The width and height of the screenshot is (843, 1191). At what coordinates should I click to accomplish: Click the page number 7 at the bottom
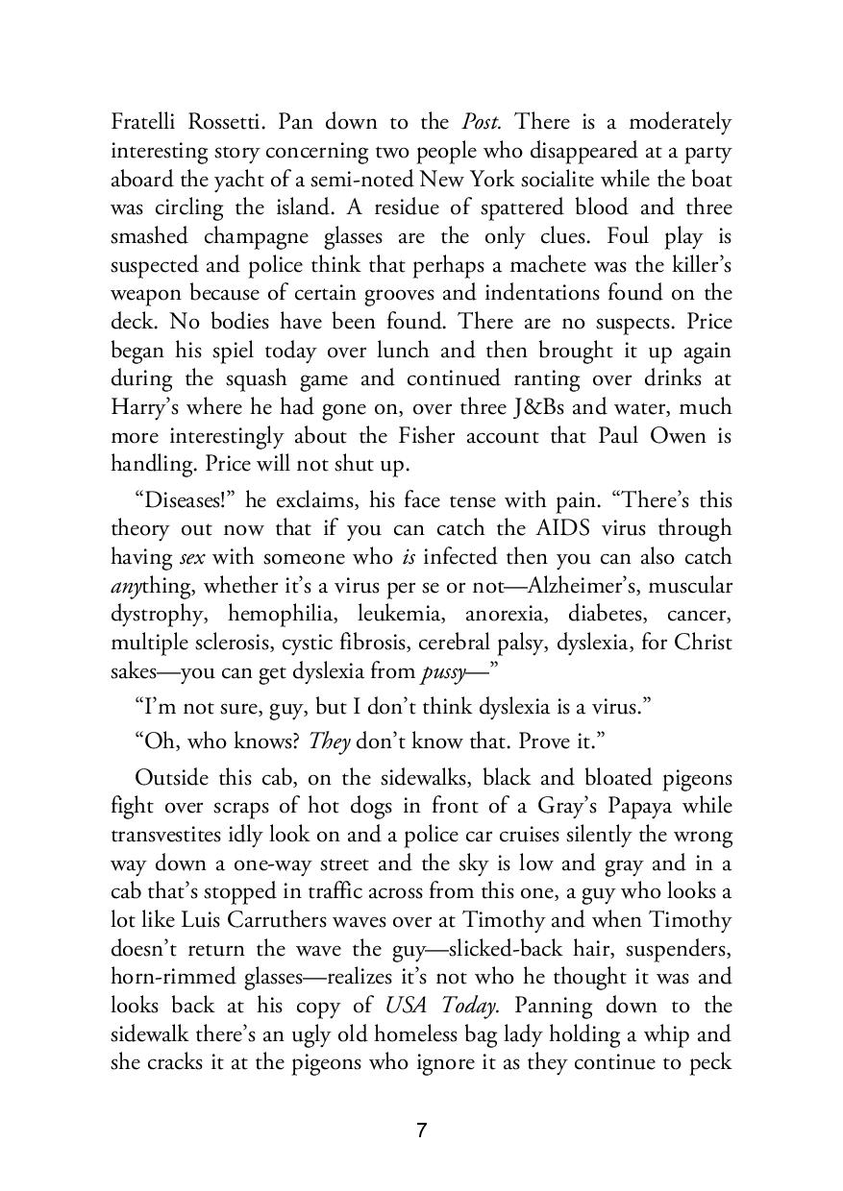tap(421, 1130)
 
